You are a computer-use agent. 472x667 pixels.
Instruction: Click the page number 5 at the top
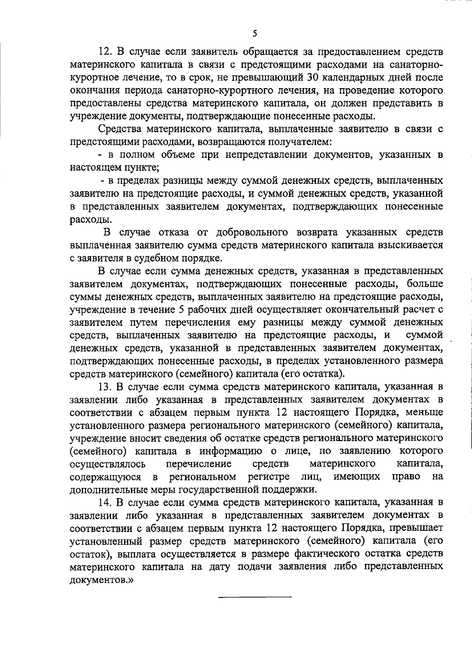255,34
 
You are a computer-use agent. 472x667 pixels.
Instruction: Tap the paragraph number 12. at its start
106,52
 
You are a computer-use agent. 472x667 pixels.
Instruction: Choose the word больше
425,284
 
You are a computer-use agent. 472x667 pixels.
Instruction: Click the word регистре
269,477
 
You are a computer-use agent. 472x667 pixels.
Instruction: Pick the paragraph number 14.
106,502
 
